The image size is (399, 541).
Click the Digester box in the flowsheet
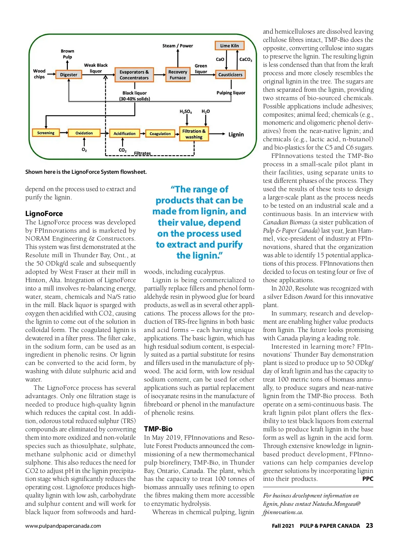coord(68,75)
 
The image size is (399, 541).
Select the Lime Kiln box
coord(229,46)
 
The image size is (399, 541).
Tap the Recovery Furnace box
coord(178,75)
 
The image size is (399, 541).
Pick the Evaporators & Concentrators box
coord(134,75)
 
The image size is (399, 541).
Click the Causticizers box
coord(230,75)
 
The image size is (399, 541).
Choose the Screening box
coord(46,133)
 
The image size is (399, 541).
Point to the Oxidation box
coord(84,133)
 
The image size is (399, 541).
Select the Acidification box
coord(124,134)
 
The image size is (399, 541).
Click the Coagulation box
coord(160,134)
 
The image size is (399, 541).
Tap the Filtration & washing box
coord(194,134)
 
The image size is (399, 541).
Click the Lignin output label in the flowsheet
coord(236,135)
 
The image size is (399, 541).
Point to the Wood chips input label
coord(39,74)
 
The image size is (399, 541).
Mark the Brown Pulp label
coord(67,54)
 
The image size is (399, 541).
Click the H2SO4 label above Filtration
coord(186,112)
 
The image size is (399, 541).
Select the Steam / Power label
coord(178,46)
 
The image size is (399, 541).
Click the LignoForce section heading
coord(44,214)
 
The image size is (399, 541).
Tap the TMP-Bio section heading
coord(158,429)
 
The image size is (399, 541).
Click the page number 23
coord(369,526)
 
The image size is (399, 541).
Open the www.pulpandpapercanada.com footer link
coord(63,526)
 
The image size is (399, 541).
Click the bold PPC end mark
coord(368,479)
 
